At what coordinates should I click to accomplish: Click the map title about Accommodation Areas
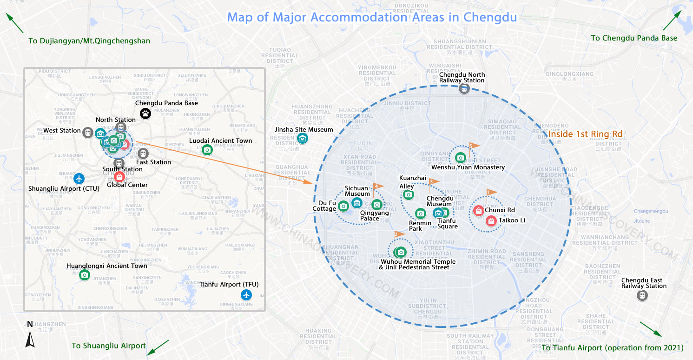pos(372,18)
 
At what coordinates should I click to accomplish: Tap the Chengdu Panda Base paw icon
pos(145,113)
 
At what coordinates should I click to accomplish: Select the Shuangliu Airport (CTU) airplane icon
pos(79,178)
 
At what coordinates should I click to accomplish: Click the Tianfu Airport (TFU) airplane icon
pos(246,294)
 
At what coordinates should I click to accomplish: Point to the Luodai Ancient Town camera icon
pos(207,150)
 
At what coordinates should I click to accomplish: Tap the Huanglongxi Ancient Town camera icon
pos(84,275)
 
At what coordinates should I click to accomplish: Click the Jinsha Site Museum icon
pos(303,138)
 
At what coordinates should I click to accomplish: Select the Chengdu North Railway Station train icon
pos(464,89)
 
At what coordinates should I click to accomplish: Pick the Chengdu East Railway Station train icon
pos(642,295)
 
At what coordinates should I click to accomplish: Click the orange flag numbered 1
pos(491,192)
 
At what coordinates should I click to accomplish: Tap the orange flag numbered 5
pos(474,146)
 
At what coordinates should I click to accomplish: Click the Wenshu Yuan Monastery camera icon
pos(460,158)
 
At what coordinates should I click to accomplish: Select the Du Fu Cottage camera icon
pos(343,206)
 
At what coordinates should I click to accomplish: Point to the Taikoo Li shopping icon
pos(491,221)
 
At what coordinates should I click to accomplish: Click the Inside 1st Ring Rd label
pos(585,134)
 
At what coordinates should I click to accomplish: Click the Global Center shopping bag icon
pos(119,177)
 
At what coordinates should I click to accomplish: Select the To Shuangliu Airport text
pos(109,346)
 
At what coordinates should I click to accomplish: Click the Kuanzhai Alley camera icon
pos(408,194)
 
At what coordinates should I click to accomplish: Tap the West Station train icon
pos(87,133)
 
